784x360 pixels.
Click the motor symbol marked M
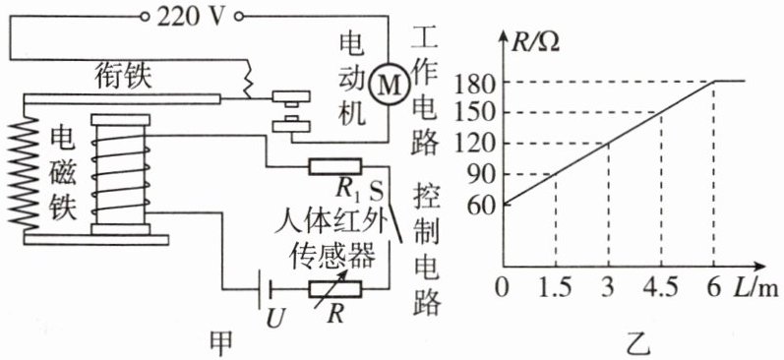point(388,87)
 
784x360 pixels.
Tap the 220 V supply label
point(191,18)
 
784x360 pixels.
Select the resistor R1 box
point(335,166)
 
